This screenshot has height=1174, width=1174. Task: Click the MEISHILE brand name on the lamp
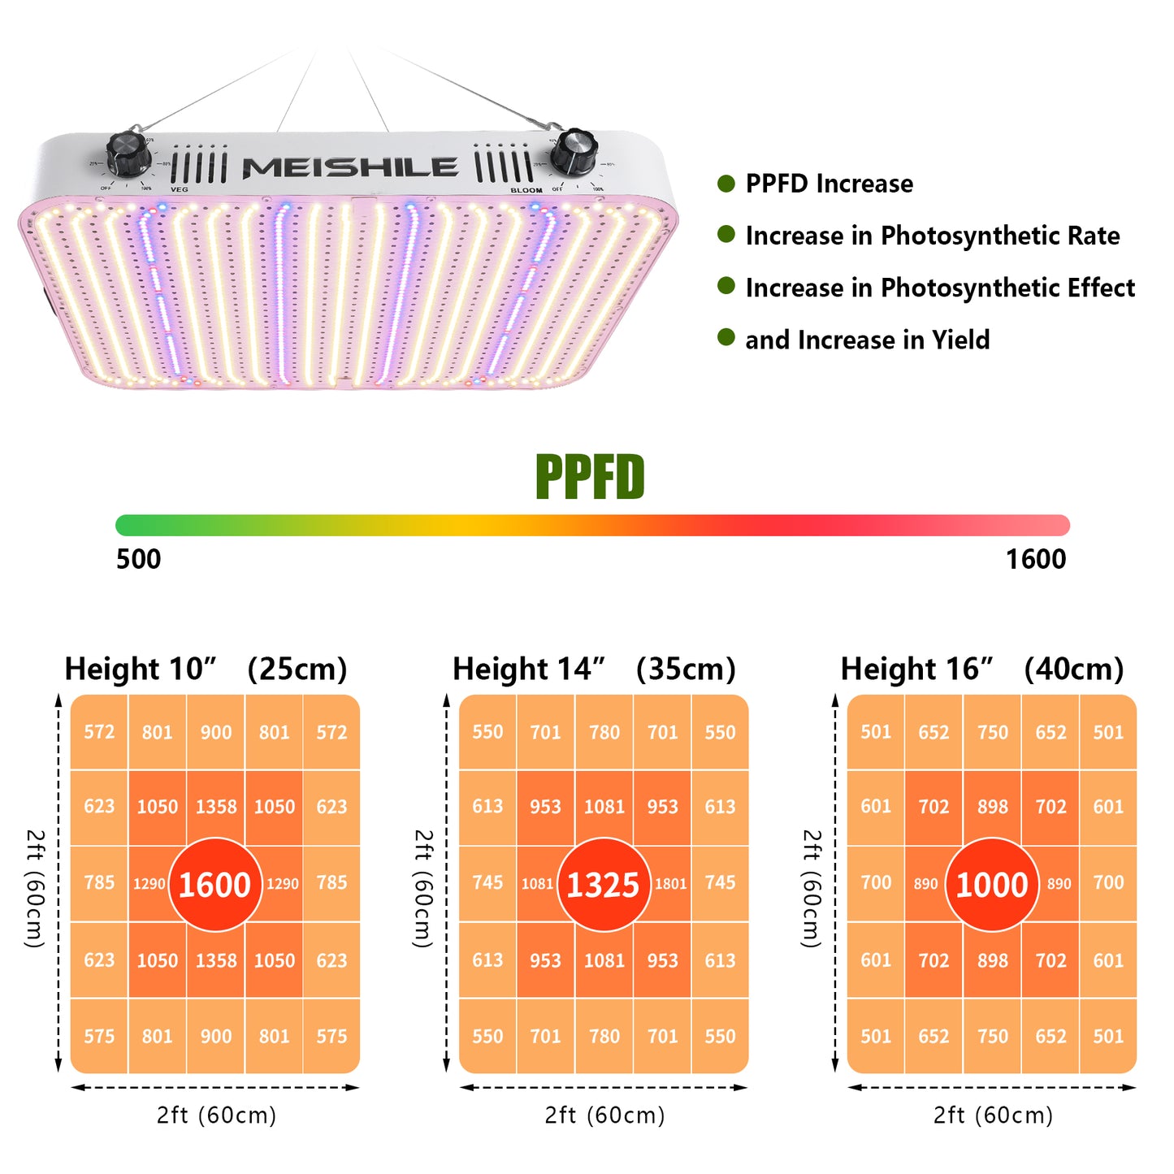tap(350, 168)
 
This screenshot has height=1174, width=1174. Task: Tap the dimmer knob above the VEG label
tap(128, 152)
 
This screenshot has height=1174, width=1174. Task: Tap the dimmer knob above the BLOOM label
tap(574, 150)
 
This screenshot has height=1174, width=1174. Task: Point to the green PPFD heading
tap(590, 477)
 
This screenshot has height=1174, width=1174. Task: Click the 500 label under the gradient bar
tap(138, 559)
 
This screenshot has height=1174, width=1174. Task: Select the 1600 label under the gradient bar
tap(1035, 559)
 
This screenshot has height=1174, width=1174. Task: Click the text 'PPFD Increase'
tap(829, 184)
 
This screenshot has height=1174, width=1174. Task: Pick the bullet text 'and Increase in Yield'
tap(867, 340)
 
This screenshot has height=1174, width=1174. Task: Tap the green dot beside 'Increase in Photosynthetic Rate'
tap(726, 235)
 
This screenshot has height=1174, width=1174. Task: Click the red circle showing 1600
tap(214, 884)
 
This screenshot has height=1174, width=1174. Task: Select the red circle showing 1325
tap(604, 884)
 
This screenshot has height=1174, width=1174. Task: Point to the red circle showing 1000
tap(992, 884)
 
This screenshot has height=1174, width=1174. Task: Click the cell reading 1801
tap(671, 884)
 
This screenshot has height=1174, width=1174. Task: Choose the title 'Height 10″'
tap(141, 669)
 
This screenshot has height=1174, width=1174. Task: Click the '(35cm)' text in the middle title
tap(686, 669)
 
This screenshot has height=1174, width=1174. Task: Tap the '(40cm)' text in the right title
tap(1073, 669)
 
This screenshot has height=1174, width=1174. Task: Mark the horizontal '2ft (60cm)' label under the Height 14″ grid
tap(604, 1115)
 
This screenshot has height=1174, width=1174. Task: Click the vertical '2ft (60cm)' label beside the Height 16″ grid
tap(812, 888)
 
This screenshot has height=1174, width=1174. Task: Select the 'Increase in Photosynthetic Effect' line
tap(940, 288)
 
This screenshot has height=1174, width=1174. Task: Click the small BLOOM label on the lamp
tap(526, 190)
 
